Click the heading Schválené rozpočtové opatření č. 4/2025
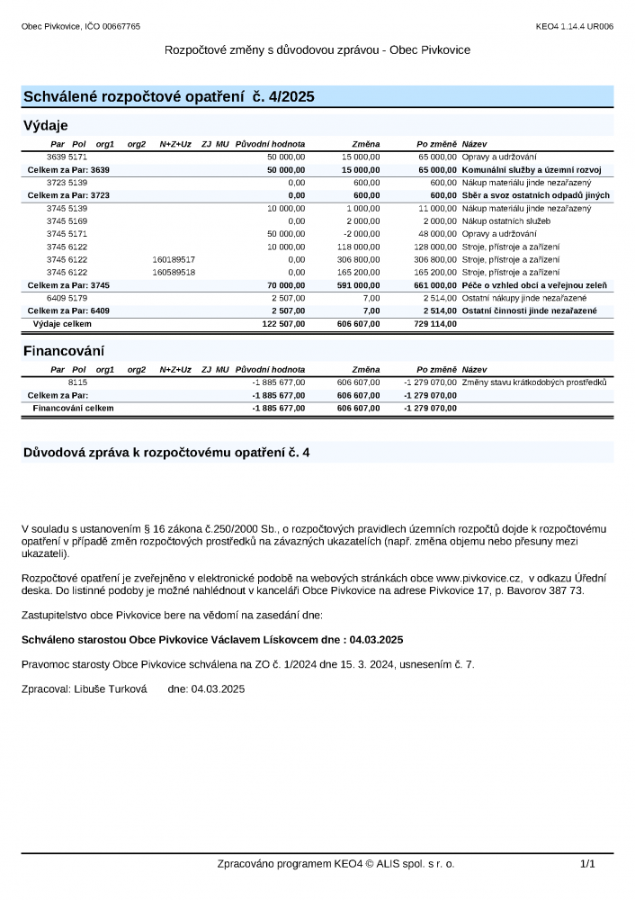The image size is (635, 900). click(168, 96)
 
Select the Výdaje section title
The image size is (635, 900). click(45, 125)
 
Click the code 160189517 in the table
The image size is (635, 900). click(174, 259)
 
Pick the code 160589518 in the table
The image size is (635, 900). click(174, 272)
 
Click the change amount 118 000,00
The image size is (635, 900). click(359, 247)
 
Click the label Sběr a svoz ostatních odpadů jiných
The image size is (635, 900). click(535, 195)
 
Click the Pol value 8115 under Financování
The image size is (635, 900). click(77, 382)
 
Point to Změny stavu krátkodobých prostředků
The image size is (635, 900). click(534, 382)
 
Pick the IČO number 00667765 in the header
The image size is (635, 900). click(122, 27)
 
